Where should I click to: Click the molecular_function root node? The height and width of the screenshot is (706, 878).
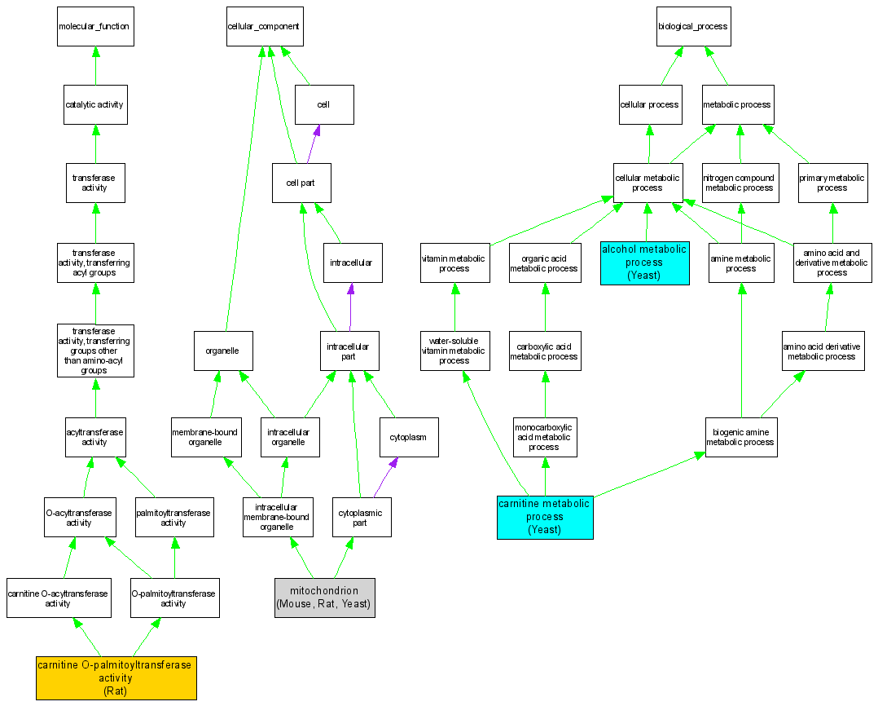click(x=95, y=27)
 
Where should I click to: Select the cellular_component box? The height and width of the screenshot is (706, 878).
click(x=263, y=27)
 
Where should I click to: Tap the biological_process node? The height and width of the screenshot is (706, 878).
click(x=693, y=27)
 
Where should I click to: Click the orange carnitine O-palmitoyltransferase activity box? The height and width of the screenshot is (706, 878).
click(x=116, y=677)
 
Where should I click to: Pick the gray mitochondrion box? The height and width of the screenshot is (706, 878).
click(x=324, y=598)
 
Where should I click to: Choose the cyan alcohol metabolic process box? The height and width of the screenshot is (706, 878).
click(x=644, y=263)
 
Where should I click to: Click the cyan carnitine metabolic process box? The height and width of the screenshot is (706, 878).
click(x=545, y=517)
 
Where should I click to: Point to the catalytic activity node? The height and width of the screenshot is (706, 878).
click(x=95, y=105)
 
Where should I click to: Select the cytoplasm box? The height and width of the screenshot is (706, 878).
click(x=408, y=438)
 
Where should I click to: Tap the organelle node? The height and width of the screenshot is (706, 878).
click(x=222, y=351)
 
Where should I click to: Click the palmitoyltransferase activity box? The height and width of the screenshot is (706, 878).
click(x=173, y=518)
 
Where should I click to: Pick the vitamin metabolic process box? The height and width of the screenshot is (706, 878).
click(x=454, y=263)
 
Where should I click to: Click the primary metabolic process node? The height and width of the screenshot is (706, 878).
click(x=832, y=183)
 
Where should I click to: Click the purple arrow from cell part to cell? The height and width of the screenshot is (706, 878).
click(x=312, y=143)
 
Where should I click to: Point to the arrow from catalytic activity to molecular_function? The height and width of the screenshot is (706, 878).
click(x=95, y=65)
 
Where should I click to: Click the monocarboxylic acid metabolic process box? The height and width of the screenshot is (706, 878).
click(x=544, y=438)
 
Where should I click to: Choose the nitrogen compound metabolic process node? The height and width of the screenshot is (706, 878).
click(x=740, y=183)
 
